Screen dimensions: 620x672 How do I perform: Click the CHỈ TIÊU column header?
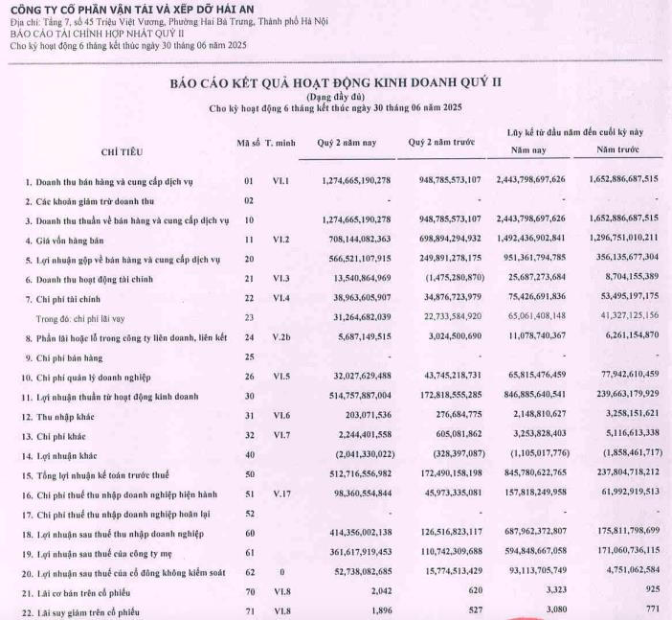(x=123, y=151)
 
